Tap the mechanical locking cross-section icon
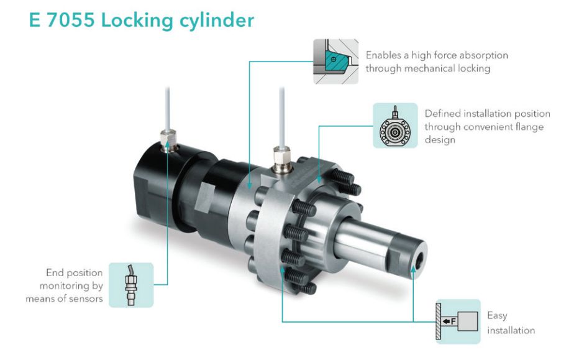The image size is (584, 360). (x=335, y=62)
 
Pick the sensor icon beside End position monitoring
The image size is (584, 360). (x=131, y=285)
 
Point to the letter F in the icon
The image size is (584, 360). (x=454, y=321)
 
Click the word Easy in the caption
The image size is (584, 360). (x=497, y=316)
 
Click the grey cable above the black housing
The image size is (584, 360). (x=168, y=106)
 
